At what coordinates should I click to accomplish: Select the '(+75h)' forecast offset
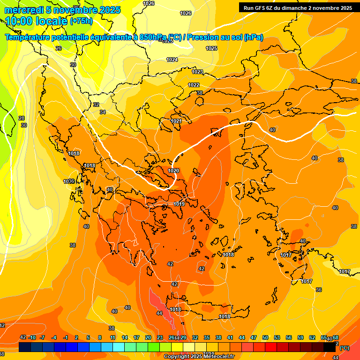[x=81, y=21]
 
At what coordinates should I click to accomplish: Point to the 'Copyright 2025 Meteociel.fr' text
[x=199, y=357]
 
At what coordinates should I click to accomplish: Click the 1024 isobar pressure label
[x=172, y=60]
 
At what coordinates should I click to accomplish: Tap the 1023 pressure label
[x=197, y=72]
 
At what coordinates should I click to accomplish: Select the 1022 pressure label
[x=194, y=85]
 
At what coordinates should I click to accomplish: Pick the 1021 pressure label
[x=176, y=121]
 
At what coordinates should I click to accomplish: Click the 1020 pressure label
[x=173, y=171]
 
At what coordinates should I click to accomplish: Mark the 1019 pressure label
[x=179, y=204]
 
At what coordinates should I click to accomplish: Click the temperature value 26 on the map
[x=59, y=48]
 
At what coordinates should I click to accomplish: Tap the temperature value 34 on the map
[x=103, y=112]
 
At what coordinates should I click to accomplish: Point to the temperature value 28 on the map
[x=22, y=118]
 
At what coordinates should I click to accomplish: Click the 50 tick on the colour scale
[x=265, y=337]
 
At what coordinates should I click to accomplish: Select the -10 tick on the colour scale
[x=32, y=337]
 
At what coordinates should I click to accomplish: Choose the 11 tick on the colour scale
[x=112, y=337]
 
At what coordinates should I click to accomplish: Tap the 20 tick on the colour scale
[x=148, y=337]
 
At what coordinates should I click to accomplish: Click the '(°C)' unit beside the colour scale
[x=344, y=348]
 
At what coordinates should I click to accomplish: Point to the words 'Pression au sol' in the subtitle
[x=213, y=37]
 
